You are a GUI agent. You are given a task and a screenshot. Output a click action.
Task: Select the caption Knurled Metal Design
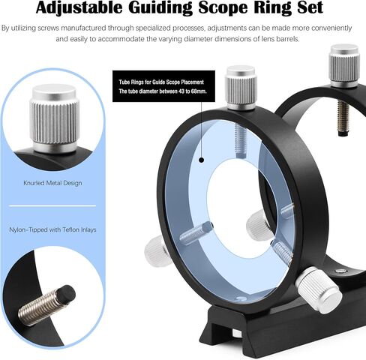pyautogui.click(x=52, y=183)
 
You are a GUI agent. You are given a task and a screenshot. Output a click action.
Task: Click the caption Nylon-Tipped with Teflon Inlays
pyautogui.click(x=52, y=229)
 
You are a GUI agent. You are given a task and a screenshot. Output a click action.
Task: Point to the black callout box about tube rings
pyautogui.click(x=163, y=86)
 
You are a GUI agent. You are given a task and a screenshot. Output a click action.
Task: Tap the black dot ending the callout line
pyautogui.click(x=202, y=160)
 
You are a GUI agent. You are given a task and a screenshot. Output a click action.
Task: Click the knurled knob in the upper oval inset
pyautogui.click(x=54, y=118)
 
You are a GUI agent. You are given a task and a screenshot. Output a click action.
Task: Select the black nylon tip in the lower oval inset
pyautogui.click(x=66, y=293)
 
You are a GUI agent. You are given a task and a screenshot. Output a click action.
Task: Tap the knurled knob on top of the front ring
pyautogui.click(x=241, y=88)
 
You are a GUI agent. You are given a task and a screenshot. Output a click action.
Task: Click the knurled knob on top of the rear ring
pyautogui.click(x=344, y=66)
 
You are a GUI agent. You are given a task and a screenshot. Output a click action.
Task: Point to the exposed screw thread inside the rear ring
pyautogui.click(x=343, y=118)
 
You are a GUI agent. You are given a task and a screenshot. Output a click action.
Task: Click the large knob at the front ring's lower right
pyautogui.click(x=319, y=290)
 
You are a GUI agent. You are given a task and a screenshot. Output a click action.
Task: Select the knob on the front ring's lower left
pyautogui.click(x=155, y=248)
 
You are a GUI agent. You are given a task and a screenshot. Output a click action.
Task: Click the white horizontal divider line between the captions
pyautogui.click(x=52, y=205)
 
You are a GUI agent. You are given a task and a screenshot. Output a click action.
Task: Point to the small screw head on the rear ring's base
pyautogui.click(x=340, y=271)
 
